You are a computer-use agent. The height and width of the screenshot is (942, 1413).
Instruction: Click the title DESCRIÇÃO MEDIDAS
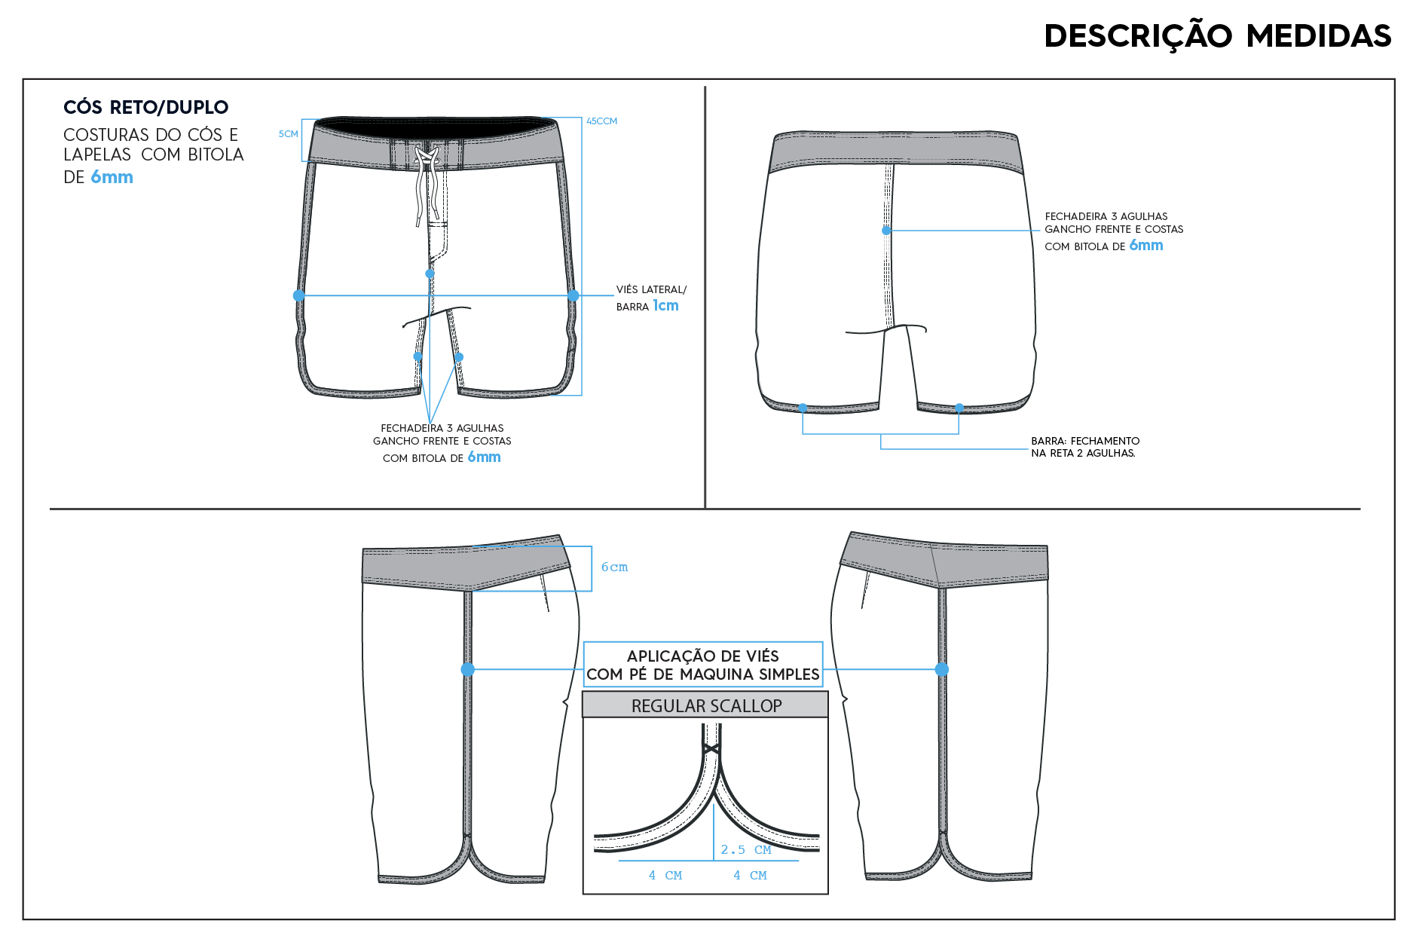coord(1217,36)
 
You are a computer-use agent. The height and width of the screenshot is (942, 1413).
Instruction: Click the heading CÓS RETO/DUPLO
coord(145,107)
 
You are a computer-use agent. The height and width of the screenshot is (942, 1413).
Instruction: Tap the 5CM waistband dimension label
coord(289,134)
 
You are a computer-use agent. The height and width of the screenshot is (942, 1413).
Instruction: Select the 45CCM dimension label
coord(601,121)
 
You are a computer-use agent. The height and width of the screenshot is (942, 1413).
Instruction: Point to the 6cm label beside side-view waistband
coord(614,567)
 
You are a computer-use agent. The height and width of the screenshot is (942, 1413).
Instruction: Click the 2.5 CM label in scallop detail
coord(746,850)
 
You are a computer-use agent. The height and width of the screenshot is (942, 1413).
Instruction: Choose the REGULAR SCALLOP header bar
coord(705,705)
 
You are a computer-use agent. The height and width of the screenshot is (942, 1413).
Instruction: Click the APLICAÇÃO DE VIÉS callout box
coord(703,665)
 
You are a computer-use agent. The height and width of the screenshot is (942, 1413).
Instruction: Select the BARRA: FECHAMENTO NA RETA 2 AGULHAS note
coord(1085,447)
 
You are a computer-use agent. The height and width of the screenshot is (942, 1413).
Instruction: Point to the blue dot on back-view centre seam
coord(886,231)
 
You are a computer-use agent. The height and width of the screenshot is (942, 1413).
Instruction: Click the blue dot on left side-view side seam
coord(467,669)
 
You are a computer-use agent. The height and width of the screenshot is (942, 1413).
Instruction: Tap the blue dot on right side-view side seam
coord(941,669)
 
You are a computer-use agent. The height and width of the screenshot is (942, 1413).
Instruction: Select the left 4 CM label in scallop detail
coord(665,876)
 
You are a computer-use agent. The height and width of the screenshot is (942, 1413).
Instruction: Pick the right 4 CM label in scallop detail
coord(751,876)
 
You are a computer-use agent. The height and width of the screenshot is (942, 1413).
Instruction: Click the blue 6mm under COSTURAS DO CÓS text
coord(112,177)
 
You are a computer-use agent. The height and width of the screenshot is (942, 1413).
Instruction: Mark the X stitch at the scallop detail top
coord(711,749)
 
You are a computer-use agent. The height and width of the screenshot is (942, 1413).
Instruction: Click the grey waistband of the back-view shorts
coord(896,151)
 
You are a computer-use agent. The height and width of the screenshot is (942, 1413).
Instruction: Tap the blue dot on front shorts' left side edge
coord(299,295)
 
